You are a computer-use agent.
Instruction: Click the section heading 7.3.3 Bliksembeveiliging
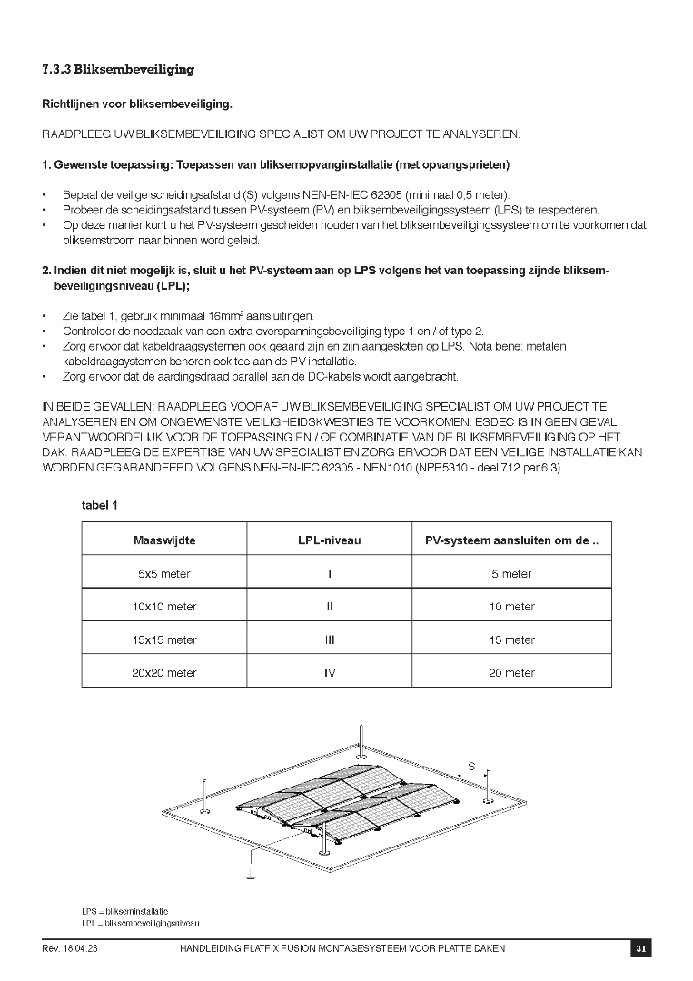click(118, 70)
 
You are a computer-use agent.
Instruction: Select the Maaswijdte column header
click(164, 540)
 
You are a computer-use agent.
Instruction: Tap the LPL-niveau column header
click(330, 540)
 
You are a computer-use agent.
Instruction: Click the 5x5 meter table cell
click(164, 574)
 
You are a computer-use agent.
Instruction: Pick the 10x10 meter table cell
click(164, 607)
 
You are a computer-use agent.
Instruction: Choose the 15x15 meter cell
click(164, 640)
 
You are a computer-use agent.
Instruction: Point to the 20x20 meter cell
click(164, 673)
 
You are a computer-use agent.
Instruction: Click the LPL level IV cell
click(330, 673)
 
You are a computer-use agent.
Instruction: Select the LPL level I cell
click(330, 574)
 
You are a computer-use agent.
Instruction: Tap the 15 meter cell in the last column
click(511, 640)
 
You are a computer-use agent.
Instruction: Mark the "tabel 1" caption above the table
click(100, 505)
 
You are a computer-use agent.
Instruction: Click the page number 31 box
click(640, 949)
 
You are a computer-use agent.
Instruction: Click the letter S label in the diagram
click(471, 767)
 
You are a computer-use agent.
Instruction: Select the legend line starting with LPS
click(124, 911)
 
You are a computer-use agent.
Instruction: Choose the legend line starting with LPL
click(140, 923)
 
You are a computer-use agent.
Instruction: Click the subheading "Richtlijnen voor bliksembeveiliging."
click(137, 104)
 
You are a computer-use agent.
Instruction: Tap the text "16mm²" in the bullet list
click(228, 315)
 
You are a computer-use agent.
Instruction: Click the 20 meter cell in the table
click(511, 673)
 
